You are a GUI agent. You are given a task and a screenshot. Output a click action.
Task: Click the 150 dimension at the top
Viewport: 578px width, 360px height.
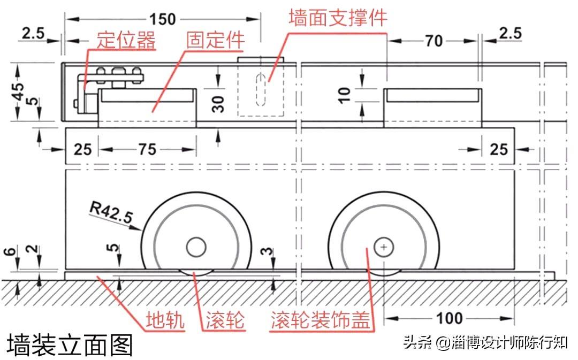click(x=162, y=19)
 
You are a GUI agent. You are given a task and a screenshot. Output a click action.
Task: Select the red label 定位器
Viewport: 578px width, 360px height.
click(x=126, y=41)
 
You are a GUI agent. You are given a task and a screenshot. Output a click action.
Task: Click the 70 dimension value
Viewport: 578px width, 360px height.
click(x=433, y=40)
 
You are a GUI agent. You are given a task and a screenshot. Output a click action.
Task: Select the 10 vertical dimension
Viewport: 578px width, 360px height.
click(x=345, y=95)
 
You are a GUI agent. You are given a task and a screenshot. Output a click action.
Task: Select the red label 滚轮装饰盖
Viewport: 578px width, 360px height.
click(x=320, y=321)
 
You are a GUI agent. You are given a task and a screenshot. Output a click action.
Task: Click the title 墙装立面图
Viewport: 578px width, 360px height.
click(x=70, y=345)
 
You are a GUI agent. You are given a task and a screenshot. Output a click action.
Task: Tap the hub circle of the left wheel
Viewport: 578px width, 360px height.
click(x=196, y=247)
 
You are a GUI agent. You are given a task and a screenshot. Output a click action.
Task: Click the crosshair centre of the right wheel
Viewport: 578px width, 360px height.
click(x=384, y=247)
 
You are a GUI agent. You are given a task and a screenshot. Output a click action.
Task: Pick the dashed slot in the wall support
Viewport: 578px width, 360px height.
click(x=261, y=89)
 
